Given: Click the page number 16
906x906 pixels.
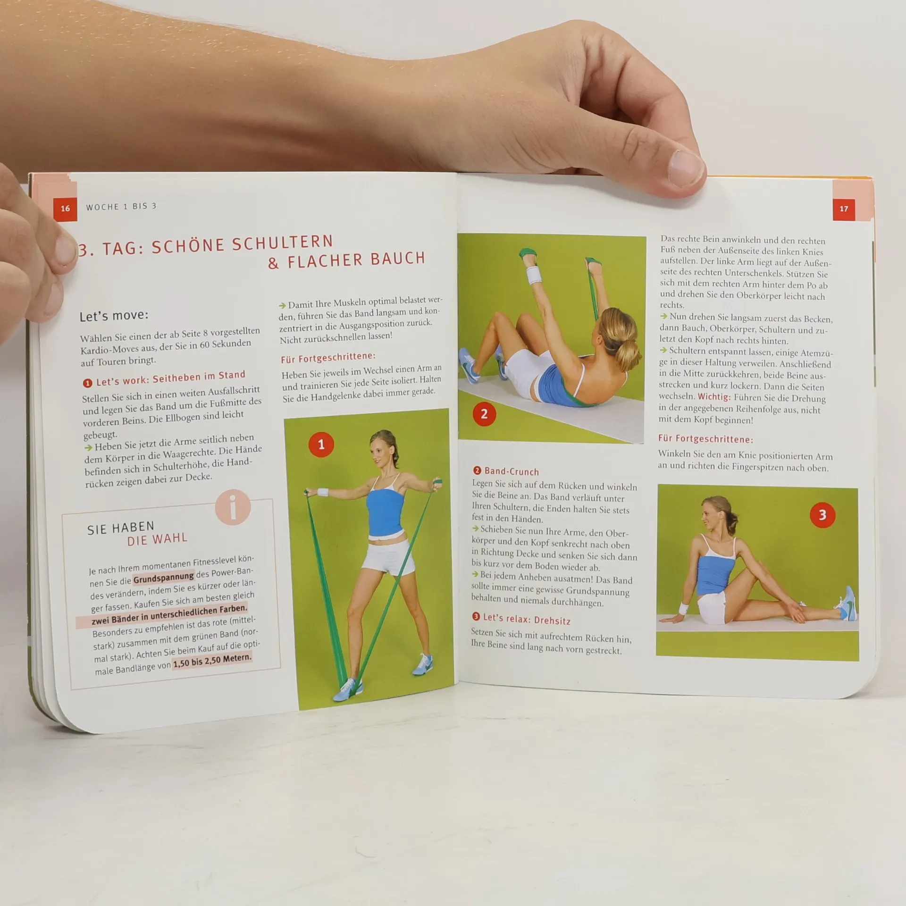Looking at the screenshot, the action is click(x=65, y=208).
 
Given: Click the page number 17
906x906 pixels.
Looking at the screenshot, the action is click(x=844, y=209).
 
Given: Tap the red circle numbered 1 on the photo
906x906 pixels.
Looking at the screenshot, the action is click(x=321, y=444).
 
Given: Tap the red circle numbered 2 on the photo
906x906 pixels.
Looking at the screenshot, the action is click(x=484, y=414).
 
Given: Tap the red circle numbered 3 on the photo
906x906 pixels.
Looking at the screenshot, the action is click(x=822, y=515).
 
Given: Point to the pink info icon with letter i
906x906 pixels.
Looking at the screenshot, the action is click(x=233, y=507).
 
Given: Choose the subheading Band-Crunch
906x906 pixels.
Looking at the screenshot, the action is click(x=506, y=471).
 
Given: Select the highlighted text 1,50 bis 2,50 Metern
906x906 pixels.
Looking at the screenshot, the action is click(x=212, y=661).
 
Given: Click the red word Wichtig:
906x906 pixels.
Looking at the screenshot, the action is click(x=714, y=397).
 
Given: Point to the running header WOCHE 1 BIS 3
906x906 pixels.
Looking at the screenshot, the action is click(x=121, y=207).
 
